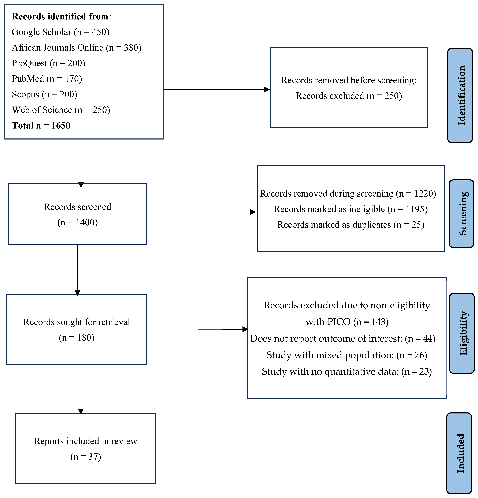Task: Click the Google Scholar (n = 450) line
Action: pos(60,32)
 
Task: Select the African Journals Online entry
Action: pos(77,48)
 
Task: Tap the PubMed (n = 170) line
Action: pos(47,79)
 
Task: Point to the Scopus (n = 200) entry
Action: pos(44,94)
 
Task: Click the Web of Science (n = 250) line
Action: pos(61,110)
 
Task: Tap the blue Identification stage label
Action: pos(460,95)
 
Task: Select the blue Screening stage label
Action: pos(462,213)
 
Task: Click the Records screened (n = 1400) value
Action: pos(78,222)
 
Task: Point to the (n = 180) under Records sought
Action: pos(77,337)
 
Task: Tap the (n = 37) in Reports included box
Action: pos(86,457)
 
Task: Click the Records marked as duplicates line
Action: pos(351,225)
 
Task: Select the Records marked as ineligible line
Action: pos(351,209)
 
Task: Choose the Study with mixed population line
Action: pos(347,355)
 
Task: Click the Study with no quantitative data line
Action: pos(347,371)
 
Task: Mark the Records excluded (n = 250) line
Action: pos(349,96)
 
